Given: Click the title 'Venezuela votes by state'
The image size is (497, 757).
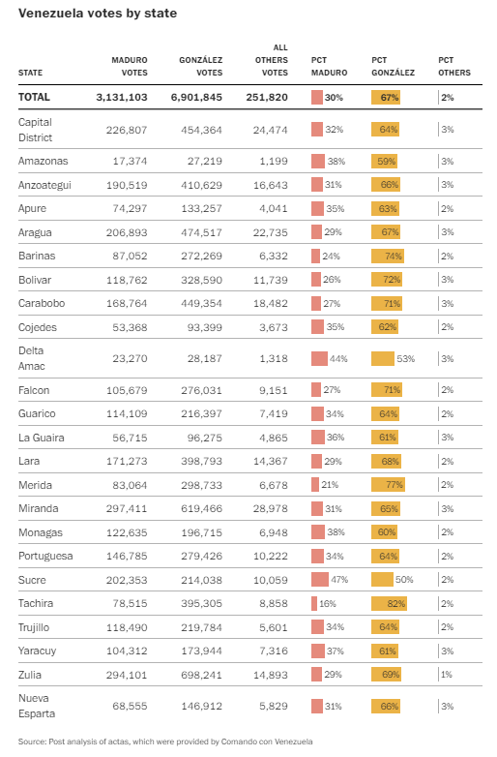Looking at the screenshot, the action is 98,14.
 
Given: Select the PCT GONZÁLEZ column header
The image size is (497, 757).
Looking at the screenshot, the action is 393,66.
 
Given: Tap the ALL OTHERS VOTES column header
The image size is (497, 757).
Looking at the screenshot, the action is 272,60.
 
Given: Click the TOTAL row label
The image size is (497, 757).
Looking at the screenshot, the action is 34,97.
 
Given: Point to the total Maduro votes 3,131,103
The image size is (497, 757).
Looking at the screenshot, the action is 122,97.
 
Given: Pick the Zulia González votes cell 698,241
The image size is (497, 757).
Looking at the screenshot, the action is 201,675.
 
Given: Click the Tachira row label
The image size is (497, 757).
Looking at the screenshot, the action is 36,603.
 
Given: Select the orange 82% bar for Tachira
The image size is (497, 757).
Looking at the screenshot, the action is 389,603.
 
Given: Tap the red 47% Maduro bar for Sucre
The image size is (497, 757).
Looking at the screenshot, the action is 320,579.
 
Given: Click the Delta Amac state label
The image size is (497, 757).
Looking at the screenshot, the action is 31,358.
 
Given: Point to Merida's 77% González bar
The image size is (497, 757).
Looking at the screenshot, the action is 388,485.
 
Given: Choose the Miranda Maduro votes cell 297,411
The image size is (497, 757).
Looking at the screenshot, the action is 127,508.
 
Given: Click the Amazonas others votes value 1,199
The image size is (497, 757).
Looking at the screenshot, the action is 274,161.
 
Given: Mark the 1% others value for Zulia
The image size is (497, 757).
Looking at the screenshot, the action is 447,675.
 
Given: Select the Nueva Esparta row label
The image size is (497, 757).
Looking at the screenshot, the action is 37,706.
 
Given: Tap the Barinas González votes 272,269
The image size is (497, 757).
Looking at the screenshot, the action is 201,256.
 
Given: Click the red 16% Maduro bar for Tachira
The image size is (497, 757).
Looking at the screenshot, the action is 314,603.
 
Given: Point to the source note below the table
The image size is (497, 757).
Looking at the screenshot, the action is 165,742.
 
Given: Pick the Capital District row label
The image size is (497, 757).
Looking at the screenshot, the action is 35,130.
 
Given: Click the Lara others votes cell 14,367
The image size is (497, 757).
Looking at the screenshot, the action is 271,461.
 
